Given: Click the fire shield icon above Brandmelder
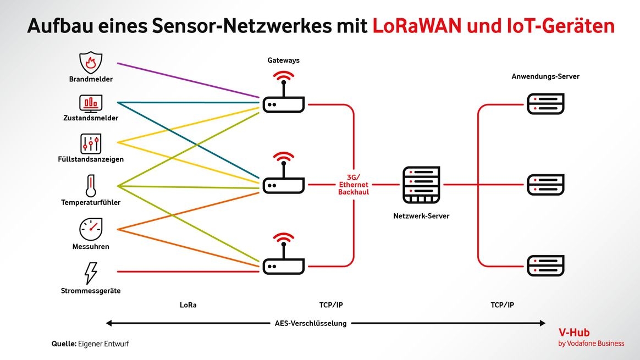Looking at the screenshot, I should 91,63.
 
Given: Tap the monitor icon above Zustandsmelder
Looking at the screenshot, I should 91,103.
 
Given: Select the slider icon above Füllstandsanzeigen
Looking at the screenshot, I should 91,143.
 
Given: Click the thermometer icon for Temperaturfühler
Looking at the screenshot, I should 91,186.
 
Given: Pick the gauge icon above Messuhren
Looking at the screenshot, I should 91,229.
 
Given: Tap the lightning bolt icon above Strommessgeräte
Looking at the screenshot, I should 91,273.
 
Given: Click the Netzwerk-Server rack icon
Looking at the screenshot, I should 422,185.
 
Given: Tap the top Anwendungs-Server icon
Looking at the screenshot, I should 545,104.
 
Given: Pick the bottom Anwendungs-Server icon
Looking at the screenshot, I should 545,265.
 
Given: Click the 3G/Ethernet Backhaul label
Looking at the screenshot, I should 354,185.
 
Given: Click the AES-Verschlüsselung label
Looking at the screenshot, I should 311,323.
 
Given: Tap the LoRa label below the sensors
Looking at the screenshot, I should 187,305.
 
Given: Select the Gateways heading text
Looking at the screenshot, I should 283,60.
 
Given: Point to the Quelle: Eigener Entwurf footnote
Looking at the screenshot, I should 90,344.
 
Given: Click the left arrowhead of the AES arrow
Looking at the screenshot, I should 109,323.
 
